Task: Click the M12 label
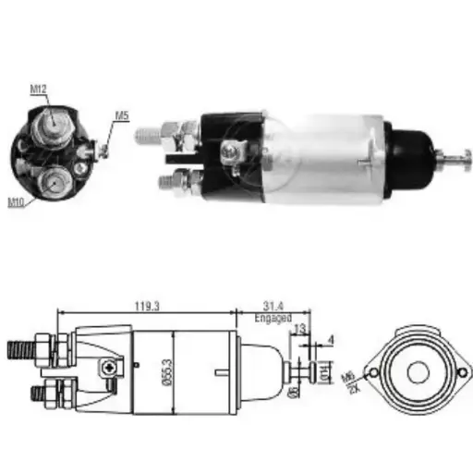(x=38, y=90)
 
